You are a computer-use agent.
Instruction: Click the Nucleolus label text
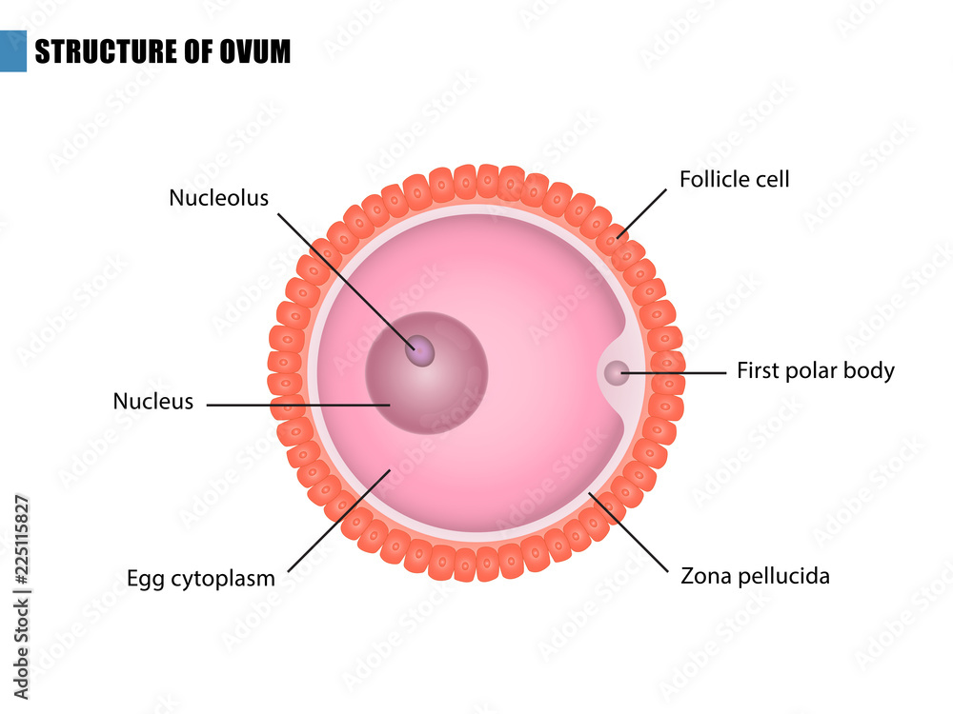coord(218,198)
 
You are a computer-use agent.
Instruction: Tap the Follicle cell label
coord(734,179)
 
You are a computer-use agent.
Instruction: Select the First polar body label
coord(815,370)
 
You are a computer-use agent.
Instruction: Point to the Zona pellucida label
coord(755,576)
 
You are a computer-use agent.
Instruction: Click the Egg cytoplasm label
coord(201,578)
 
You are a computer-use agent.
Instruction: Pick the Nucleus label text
coord(152,402)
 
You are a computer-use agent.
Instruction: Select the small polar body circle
coord(617,372)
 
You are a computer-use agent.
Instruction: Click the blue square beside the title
coord(12,50)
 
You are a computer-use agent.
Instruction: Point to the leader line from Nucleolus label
coord(343,276)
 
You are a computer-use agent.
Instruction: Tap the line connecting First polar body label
coord(677,372)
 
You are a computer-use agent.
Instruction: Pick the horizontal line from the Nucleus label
coord(295,405)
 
